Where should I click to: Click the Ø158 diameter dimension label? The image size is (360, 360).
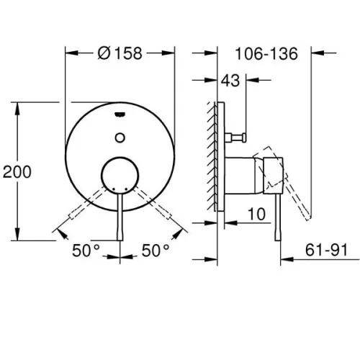(x=120, y=53)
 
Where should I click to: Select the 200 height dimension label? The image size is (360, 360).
(x=17, y=171)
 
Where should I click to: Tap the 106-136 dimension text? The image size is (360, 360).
(x=266, y=53)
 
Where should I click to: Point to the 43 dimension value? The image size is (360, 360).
(x=230, y=81)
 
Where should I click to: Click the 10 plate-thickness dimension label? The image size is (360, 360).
(x=256, y=214)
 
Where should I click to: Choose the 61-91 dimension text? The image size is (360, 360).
(x=326, y=250)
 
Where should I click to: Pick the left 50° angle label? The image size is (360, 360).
(x=86, y=251)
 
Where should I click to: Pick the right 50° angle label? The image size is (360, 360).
(x=156, y=251)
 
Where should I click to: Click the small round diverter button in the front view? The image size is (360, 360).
(x=120, y=138)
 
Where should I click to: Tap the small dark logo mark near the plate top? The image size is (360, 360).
(x=120, y=114)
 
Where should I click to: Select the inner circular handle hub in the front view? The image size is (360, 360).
(x=120, y=175)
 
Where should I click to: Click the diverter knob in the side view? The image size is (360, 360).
(x=235, y=138)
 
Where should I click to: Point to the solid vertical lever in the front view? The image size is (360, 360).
(x=120, y=217)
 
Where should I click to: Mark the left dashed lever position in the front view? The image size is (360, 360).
(x=88, y=203)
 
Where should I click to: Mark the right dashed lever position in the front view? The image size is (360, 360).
(x=152, y=203)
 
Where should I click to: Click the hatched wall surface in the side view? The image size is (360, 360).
(x=212, y=156)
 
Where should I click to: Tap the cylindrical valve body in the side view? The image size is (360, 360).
(x=244, y=176)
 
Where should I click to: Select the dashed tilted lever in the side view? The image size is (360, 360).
(x=282, y=182)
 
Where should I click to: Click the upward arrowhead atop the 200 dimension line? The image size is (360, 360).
(x=17, y=109)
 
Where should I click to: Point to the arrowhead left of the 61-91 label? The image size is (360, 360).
(x=287, y=259)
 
